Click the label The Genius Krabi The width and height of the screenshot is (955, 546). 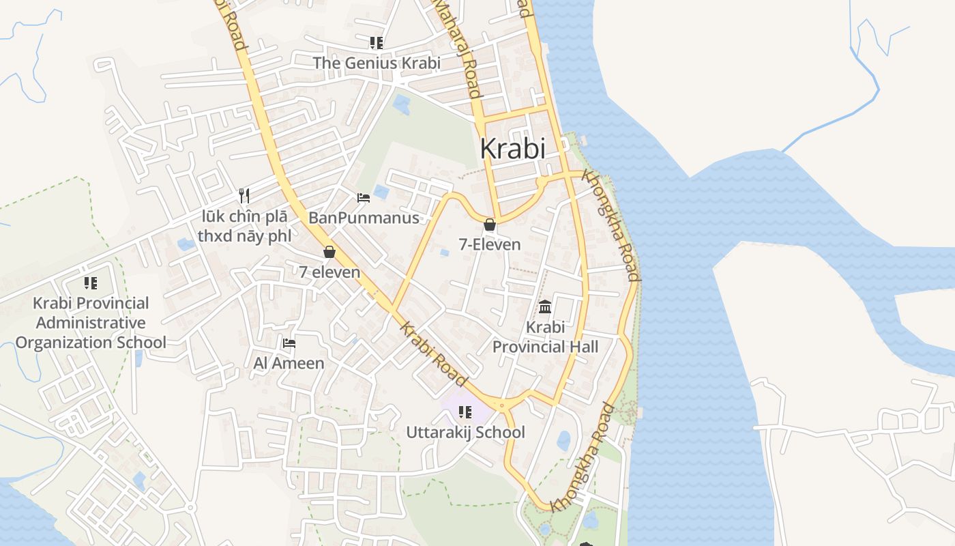(377, 63)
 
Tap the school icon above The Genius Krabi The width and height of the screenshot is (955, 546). (377, 43)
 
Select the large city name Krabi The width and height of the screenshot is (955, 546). (513, 148)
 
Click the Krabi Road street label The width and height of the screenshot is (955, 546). (434, 354)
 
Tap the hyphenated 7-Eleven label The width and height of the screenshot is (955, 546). (490, 244)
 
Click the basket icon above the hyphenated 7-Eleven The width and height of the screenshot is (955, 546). (490, 224)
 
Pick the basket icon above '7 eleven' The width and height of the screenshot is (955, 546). (329, 252)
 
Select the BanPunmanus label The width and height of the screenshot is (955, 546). (364, 218)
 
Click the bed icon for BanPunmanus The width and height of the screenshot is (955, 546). (364, 198)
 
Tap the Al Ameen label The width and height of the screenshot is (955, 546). (289, 363)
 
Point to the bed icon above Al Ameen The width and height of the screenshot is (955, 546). (289, 343)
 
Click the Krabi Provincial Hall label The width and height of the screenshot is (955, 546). (545, 337)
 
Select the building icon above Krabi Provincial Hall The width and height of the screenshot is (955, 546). (545, 306)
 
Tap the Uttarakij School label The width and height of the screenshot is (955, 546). (466, 432)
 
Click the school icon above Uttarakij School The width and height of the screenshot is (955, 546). (465, 412)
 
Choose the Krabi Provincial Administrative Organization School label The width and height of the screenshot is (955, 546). (91, 323)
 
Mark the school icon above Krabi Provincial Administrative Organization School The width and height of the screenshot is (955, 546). (91, 283)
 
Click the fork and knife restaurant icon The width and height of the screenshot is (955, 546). (244, 196)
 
